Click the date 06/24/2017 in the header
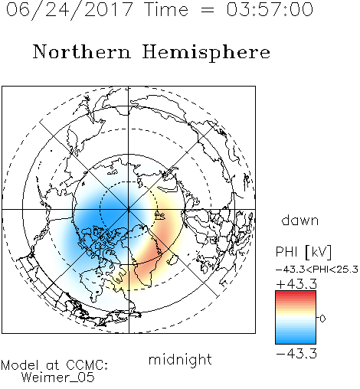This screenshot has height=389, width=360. coord(70,9)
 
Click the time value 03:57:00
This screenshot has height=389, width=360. coord(270,9)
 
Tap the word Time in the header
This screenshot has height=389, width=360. coord(166,9)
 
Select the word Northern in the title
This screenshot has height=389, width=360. coord(82,51)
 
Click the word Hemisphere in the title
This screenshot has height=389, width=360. coord(206,53)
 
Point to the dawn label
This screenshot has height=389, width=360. coord(300,220)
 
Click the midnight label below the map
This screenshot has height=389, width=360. coord(180,359)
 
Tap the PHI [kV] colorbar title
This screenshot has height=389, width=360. coord(304,252)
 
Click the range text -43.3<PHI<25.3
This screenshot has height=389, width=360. coord(317,270)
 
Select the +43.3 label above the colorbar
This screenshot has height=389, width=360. coord(296,284)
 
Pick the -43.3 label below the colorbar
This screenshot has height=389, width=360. coord(296,354)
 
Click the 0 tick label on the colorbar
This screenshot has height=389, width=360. coord(322,319)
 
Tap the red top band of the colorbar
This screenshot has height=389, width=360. coord(296,293)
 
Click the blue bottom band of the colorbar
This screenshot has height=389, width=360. coord(296,341)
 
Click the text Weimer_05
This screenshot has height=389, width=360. coord(58,378)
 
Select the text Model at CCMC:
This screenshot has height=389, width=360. coord(54,365)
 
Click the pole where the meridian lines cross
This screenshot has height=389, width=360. coord(129,210)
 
